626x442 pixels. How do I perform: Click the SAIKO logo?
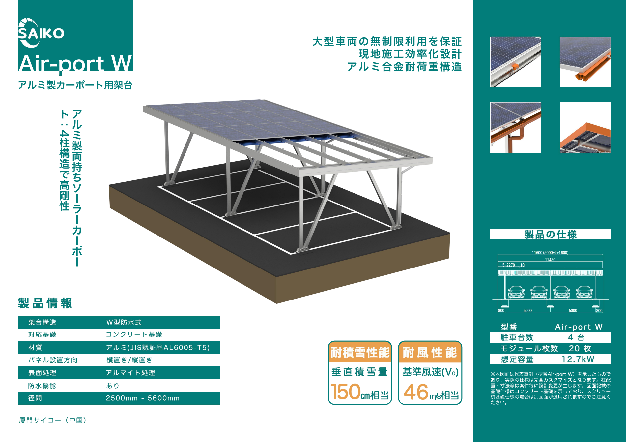(41, 33)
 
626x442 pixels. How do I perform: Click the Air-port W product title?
(75, 63)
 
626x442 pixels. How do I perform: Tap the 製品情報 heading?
(45, 303)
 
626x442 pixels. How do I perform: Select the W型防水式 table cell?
(124, 322)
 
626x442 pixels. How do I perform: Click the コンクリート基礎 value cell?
(134, 334)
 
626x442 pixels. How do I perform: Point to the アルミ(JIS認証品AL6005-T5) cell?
(158, 347)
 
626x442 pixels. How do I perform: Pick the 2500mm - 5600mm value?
(143, 398)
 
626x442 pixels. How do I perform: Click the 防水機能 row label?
(42, 386)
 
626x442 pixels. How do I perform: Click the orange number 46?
(416, 392)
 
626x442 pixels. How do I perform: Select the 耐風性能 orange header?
(430, 352)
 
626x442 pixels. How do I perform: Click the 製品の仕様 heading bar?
(550, 235)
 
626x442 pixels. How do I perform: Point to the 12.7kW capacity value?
(578, 359)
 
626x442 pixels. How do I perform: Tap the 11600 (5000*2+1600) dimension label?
(550, 253)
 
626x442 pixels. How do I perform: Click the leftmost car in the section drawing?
(516, 292)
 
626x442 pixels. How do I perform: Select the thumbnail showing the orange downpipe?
(516, 128)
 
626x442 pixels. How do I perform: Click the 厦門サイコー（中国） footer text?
(53, 420)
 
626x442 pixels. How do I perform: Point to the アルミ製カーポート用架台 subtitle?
(75, 85)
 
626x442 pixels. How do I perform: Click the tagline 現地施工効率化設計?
(410, 54)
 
